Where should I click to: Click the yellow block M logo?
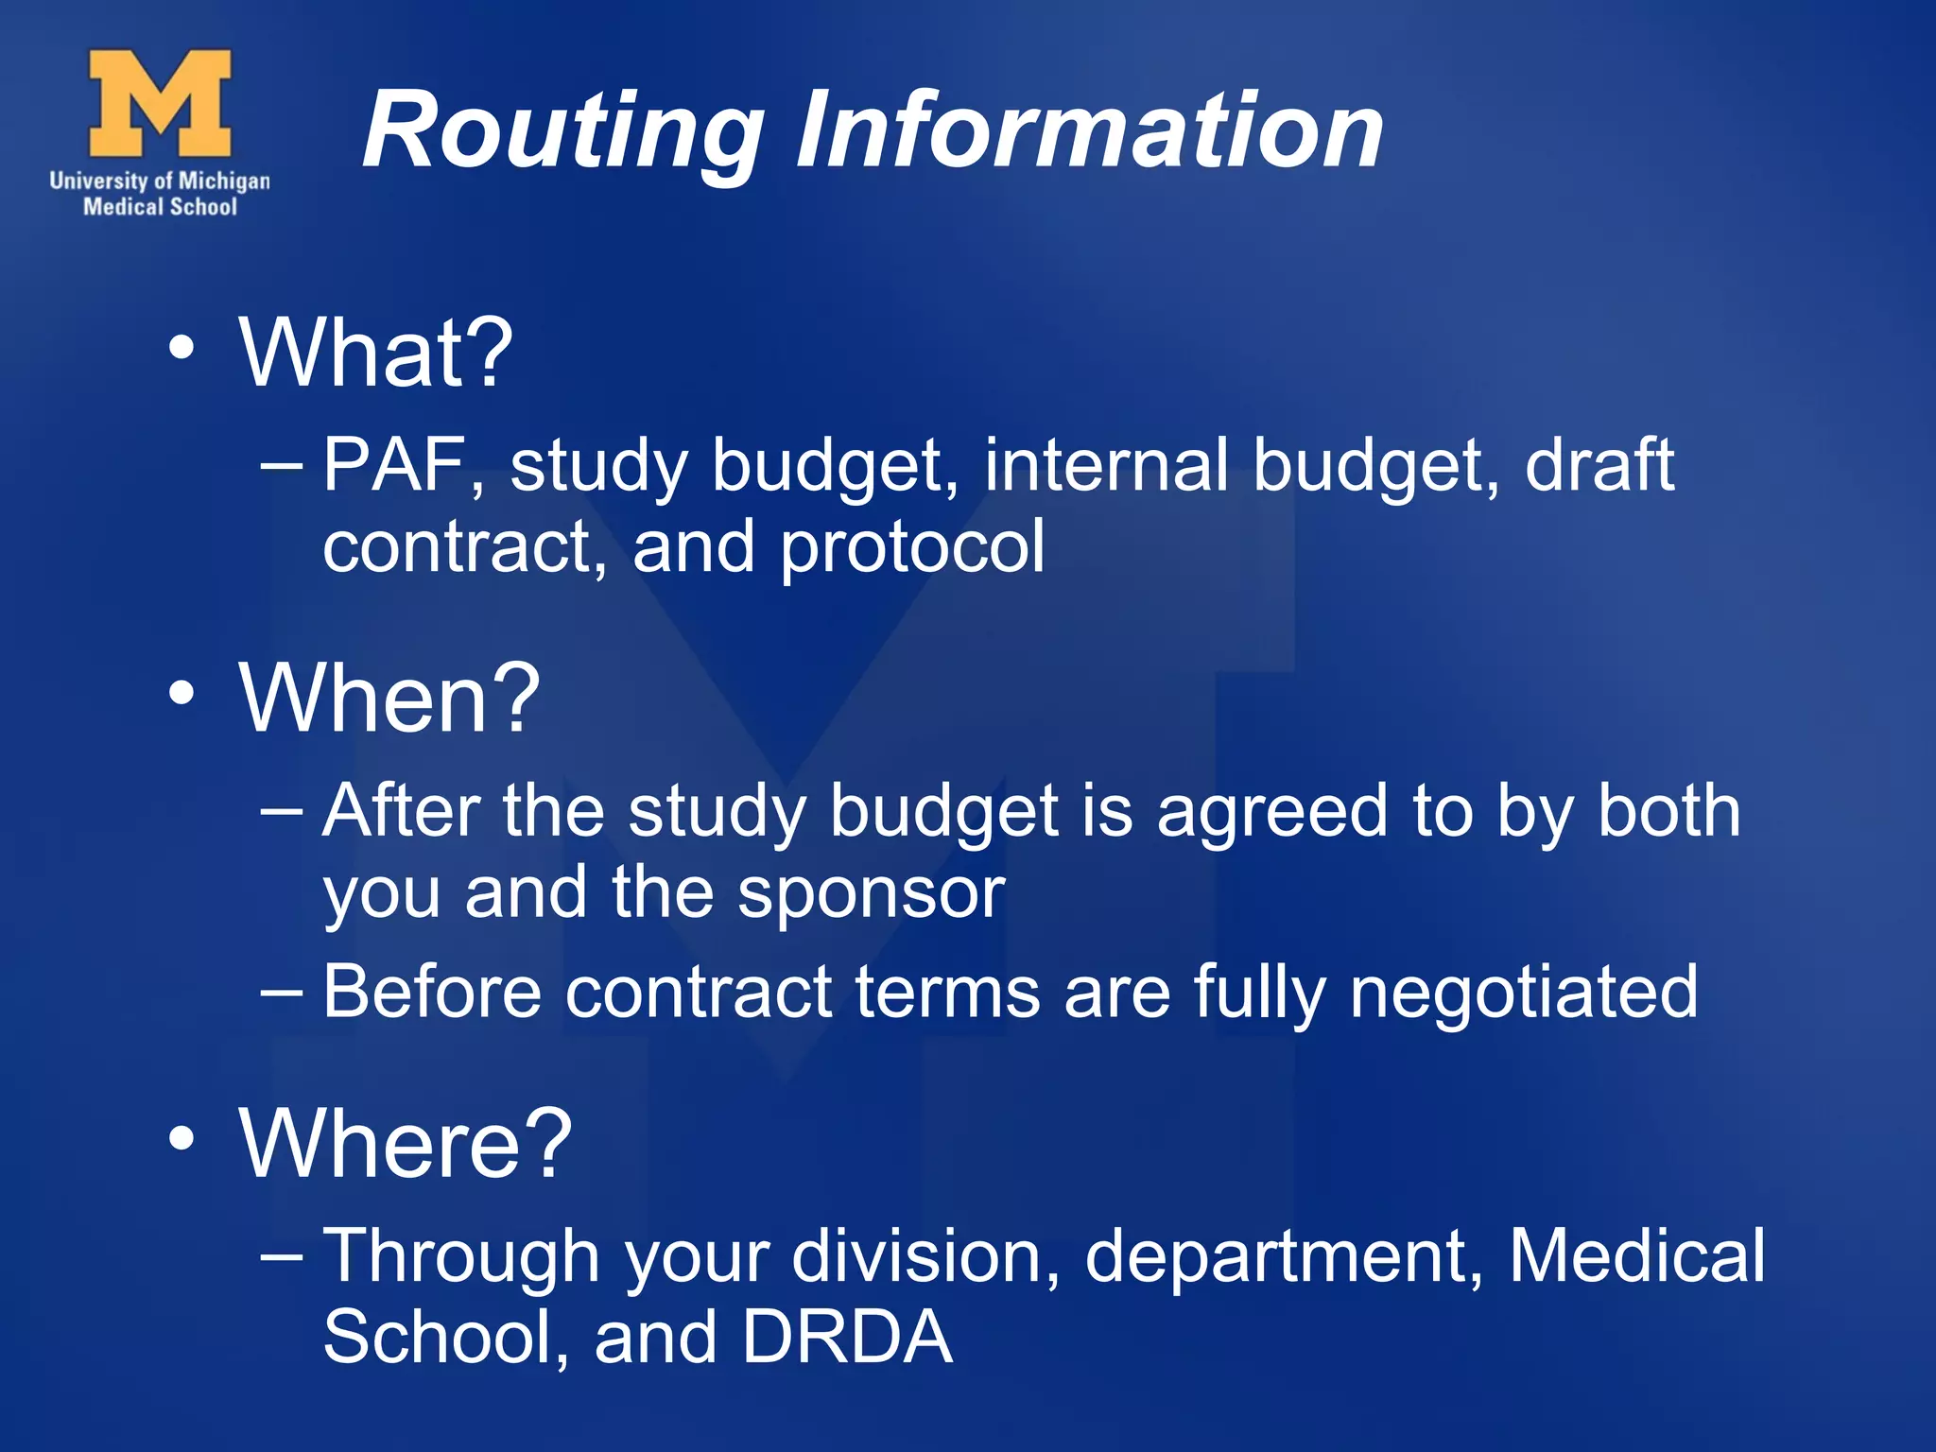[160, 103]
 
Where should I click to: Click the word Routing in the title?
[563, 132]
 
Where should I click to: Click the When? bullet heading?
[389, 699]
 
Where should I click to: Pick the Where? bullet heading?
[406, 1143]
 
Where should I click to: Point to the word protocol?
[912, 548]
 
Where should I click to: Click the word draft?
[1599, 465]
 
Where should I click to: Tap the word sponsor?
[871, 893]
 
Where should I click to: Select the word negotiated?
[1523, 993]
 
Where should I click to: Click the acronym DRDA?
[846, 1337]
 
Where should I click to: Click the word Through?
[461, 1257]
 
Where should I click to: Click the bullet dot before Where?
[181, 1138]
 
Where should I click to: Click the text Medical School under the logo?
[160, 206]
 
